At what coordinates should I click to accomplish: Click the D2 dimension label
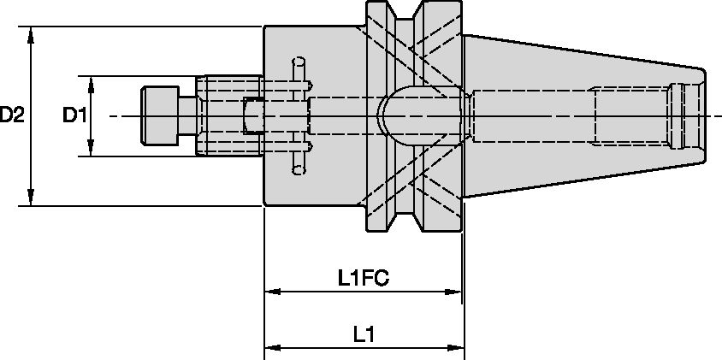coord(12,115)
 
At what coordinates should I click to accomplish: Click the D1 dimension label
coord(74,115)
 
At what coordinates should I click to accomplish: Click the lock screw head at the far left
coord(159,115)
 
